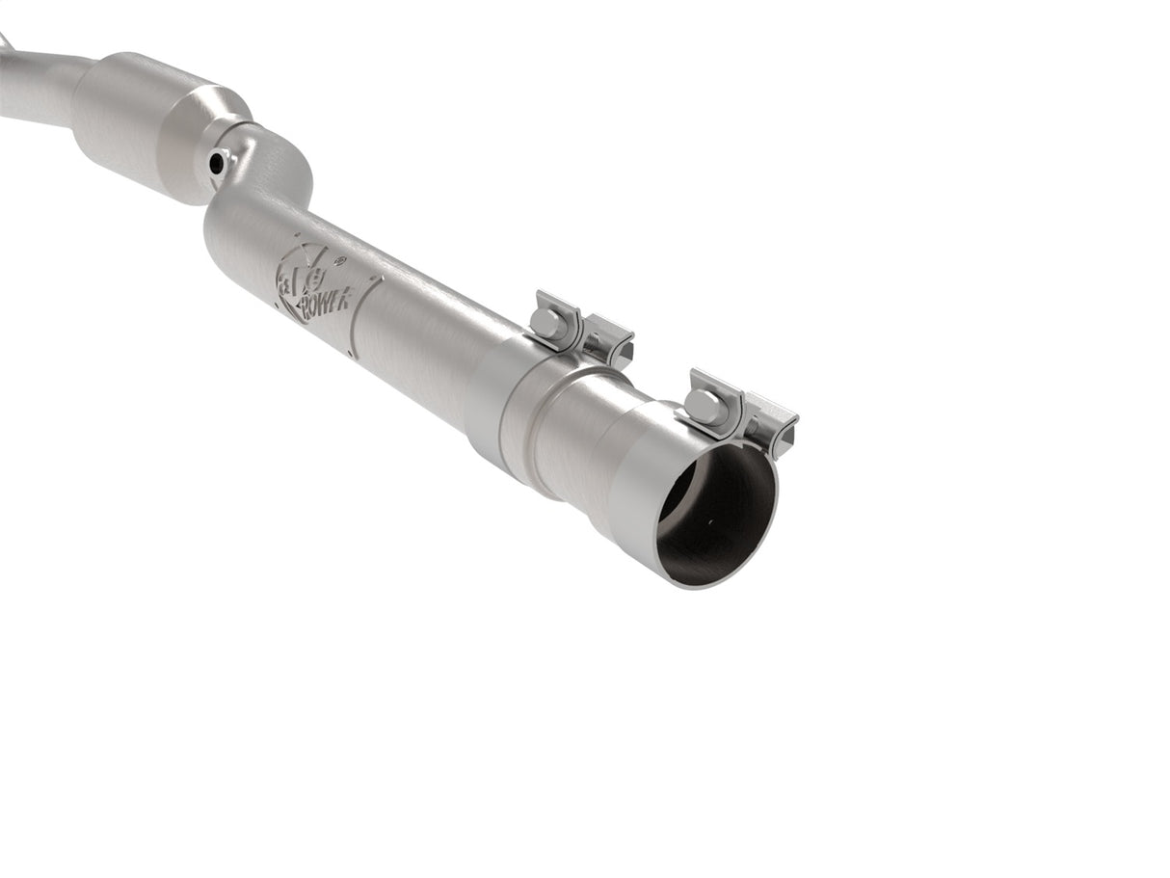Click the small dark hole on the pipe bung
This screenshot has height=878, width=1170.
point(216,165)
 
